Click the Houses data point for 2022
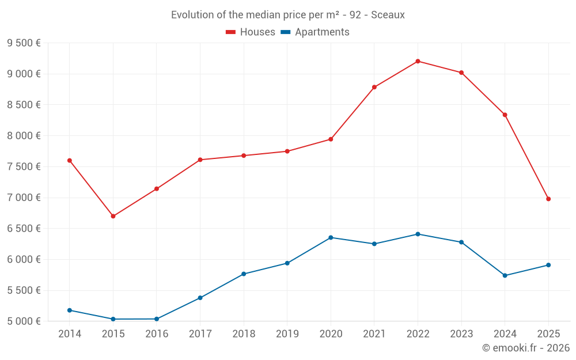click(418, 61)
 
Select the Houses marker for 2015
click(113, 216)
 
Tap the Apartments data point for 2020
click(331, 237)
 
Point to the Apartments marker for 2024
click(505, 275)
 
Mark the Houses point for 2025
click(548, 199)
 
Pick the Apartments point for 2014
click(70, 310)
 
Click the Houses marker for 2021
click(374, 87)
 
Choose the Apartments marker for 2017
click(200, 298)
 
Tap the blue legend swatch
click(285, 32)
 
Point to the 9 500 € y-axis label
click(24, 43)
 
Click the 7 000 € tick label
click(24, 198)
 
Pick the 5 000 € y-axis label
click(24, 321)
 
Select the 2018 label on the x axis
click(244, 334)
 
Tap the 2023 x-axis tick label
click(461, 334)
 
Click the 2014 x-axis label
click(70, 334)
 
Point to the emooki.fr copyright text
click(526, 348)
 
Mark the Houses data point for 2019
click(287, 151)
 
